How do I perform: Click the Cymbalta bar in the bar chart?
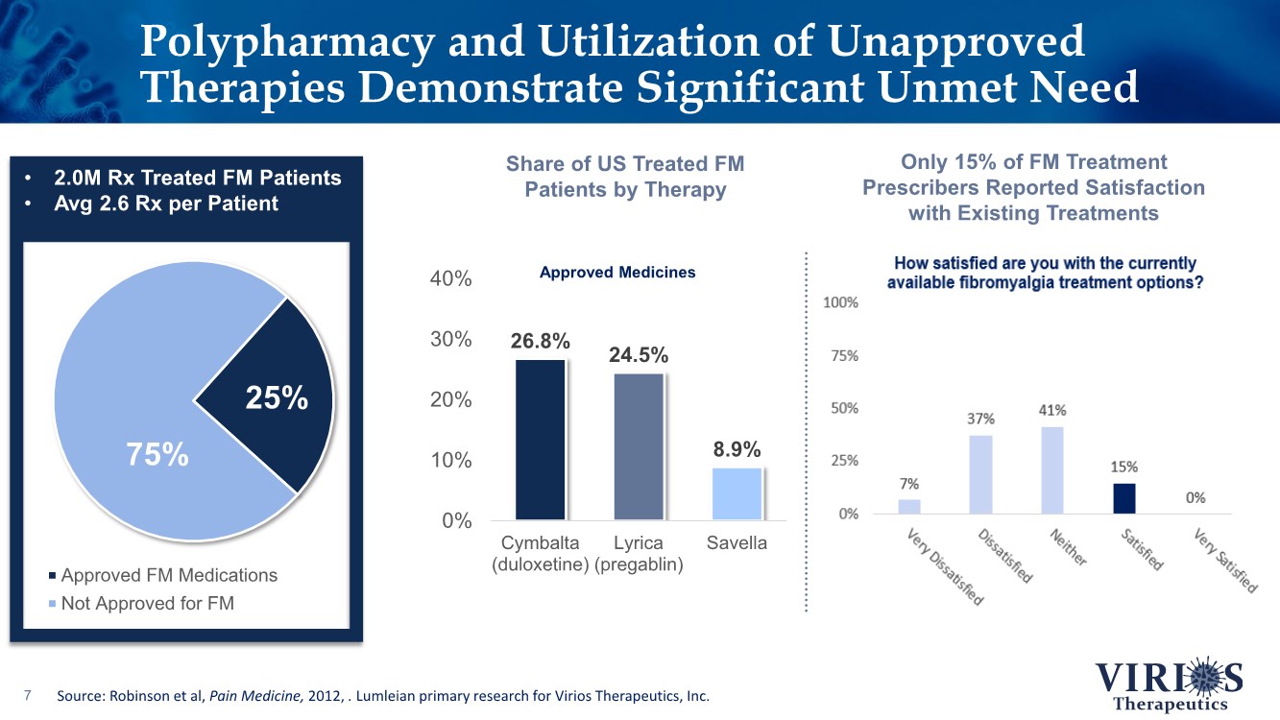click(541, 440)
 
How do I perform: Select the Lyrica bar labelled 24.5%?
click(639, 446)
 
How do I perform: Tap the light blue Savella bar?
click(737, 493)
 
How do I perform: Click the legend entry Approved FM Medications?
click(169, 575)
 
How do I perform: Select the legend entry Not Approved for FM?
click(147, 604)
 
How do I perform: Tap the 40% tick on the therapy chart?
click(450, 279)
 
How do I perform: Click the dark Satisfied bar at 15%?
click(1124, 498)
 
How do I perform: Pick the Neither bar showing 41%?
click(1052, 470)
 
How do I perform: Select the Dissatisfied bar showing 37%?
click(980, 474)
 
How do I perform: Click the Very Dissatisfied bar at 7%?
click(908, 506)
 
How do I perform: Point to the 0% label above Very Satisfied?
click(1195, 498)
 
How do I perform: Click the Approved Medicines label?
click(617, 273)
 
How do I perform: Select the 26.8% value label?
click(540, 342)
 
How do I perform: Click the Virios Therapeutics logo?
click(1170, 683)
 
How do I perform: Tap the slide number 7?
click(29, 695)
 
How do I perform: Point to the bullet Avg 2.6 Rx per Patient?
click(166, 204)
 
